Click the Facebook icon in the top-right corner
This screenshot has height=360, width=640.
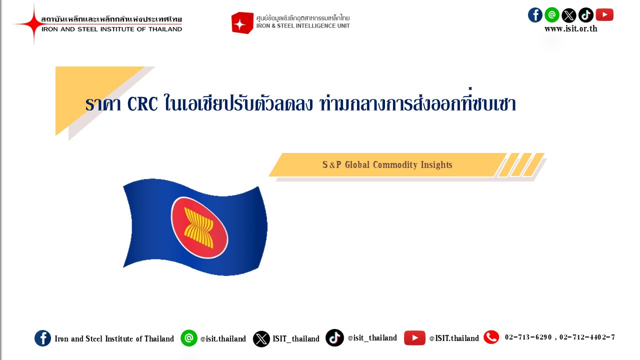click(x=535, y=15)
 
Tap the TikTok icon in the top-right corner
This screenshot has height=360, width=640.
click(x=586, y=15)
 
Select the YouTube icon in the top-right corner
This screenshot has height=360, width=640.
click(x=604, y=15)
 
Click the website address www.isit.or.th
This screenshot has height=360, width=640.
click(x=570, y=28)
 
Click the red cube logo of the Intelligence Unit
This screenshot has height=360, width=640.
click(x=242, y=23)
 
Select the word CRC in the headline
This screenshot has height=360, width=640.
click(x=142, y=104)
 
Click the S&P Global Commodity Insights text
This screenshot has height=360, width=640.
click(x=387, y=165)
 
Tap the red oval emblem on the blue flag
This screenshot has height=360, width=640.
click(x=199, y=227)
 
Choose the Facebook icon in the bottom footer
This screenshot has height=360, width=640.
click(x=42, y=338)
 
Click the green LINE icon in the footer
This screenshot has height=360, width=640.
click(x=189, y=338)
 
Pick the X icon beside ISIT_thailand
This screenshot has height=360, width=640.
click(x=261, y=338)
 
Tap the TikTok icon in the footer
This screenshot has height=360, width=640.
click(x=334, y=337)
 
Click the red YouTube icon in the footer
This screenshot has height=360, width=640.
click(x=414, y=338)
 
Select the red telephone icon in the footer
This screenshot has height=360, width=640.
click(x=491, y=337)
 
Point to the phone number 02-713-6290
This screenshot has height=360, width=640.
click(x=528, y=337)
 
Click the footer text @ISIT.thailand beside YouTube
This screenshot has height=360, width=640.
click(x=453, y=338)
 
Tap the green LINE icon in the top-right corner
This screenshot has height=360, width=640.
click(x=552, y=15)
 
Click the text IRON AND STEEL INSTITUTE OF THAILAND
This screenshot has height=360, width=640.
click(x=111, y=29)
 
